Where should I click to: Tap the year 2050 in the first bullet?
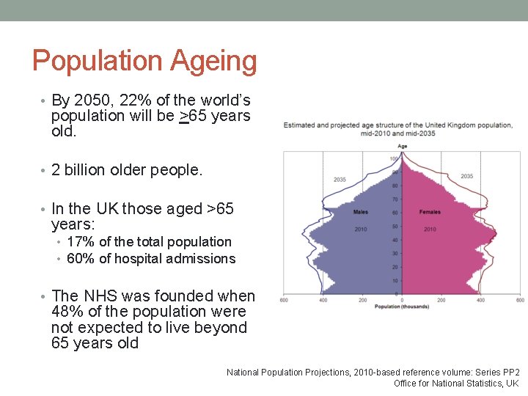click(88, 100)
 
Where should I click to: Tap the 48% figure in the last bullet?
click(67, 312)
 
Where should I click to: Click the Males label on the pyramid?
click(360, 212)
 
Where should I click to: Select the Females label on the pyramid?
click(430, 212)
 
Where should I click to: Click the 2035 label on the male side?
click(340, 180)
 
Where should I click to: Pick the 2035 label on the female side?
click(466, 176)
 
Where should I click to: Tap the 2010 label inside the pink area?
click(430, 230)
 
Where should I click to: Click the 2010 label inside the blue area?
click(360, 230)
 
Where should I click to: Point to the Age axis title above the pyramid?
click(402, 146)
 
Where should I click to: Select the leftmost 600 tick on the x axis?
click(284, 299)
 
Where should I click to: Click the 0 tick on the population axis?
click(402, 299)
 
